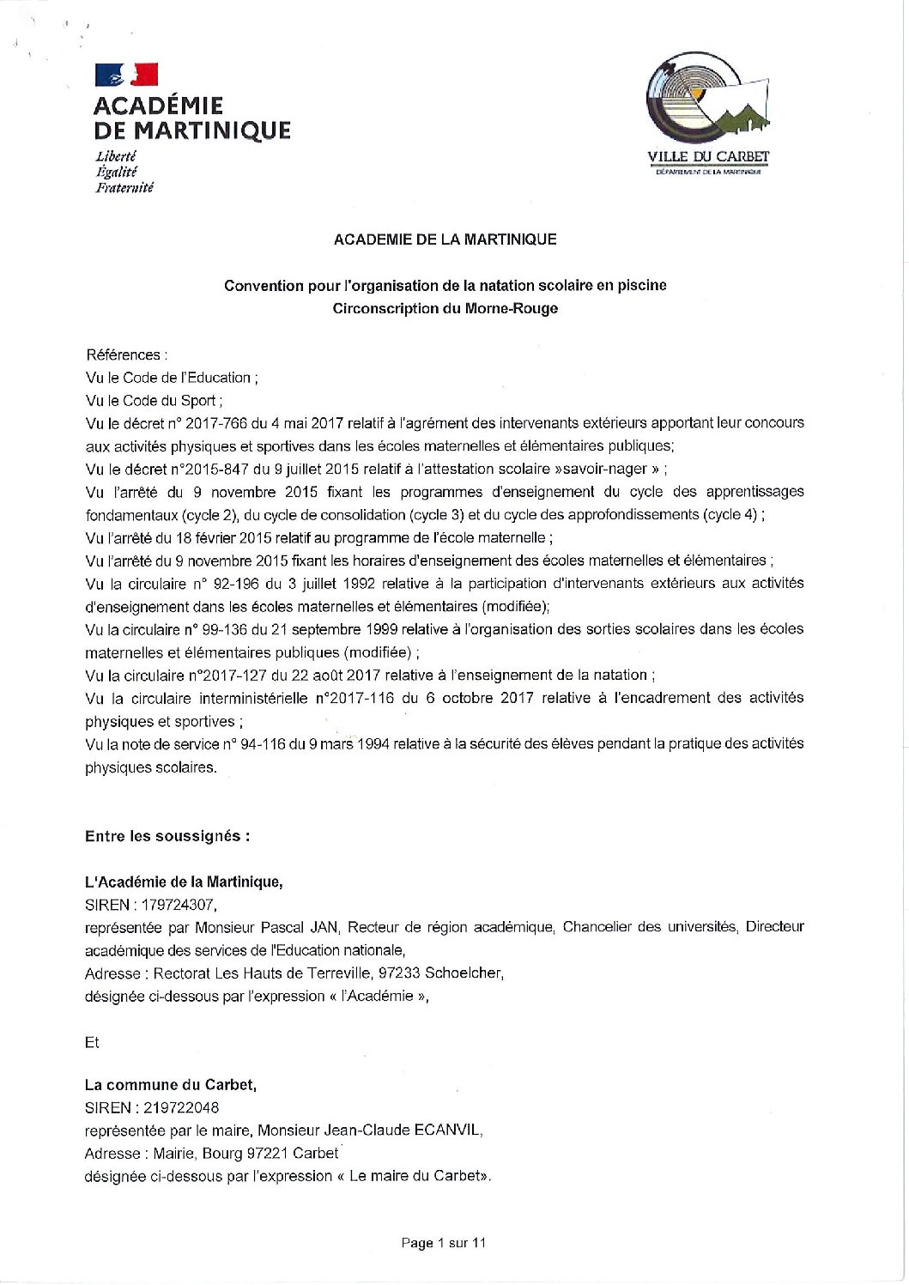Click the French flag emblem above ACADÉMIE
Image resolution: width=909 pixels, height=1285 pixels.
coord(126,75)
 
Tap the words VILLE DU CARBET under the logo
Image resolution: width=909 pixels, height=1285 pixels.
coord(708,157)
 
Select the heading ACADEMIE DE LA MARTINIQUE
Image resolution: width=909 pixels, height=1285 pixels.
coord(445,240)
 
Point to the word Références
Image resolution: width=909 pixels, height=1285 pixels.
coord(124,355)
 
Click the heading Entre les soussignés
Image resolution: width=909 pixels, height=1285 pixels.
coord(167,836)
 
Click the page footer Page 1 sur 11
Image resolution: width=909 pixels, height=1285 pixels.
coord(444,1243)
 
